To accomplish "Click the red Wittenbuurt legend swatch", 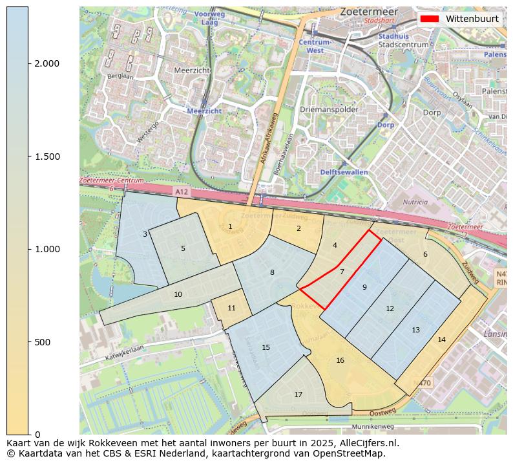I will click(429, 19).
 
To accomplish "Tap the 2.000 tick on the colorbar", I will click(29, 63).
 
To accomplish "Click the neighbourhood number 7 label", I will click(342, 272).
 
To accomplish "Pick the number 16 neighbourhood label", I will click(340, 360).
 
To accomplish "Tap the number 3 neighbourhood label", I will click(145, 234).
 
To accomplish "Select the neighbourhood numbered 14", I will click(441, 340).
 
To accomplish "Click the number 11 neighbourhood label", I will click(231, 308).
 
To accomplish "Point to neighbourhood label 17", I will click(298, 395).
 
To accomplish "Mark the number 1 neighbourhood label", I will click(230, 226).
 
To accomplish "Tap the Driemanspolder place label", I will click(329, 110).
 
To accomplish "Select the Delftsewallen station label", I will click(344, 172).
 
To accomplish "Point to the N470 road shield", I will click(423, 383).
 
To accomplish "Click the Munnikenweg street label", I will click(373, 427).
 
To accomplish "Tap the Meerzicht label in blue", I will click(204, 111).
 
